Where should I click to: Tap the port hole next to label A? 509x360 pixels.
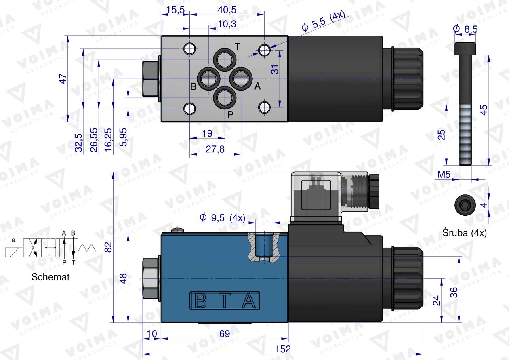pyautogui.click(x=241, y=78)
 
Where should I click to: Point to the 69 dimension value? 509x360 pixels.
pyautogui.click(x=225, y=334)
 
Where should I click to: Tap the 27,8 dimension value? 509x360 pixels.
pyautogui.click(x=215, y=149)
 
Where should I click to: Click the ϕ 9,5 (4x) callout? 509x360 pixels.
pyautogui.click(x=222, y=218)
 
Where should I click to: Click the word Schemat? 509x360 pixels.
pyautogui.click(x=50, y=277)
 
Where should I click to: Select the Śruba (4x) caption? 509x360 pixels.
pyautogui.click(x=465, y=233)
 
